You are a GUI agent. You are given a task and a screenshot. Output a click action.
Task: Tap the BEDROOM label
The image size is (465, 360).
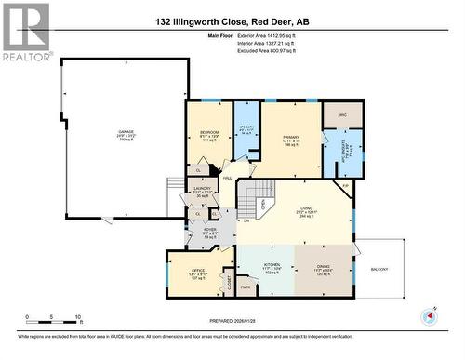pyautogui.click(x=209, y=132)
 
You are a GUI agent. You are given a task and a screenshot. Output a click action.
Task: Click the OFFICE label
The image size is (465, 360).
pyautogui.click(x=187, y=271)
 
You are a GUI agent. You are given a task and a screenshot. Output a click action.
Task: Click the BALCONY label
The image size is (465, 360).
pyautogui.click(x=379, y=269)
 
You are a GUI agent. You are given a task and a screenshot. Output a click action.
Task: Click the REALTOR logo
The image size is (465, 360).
pyautogui.click(x=26, y=33)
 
